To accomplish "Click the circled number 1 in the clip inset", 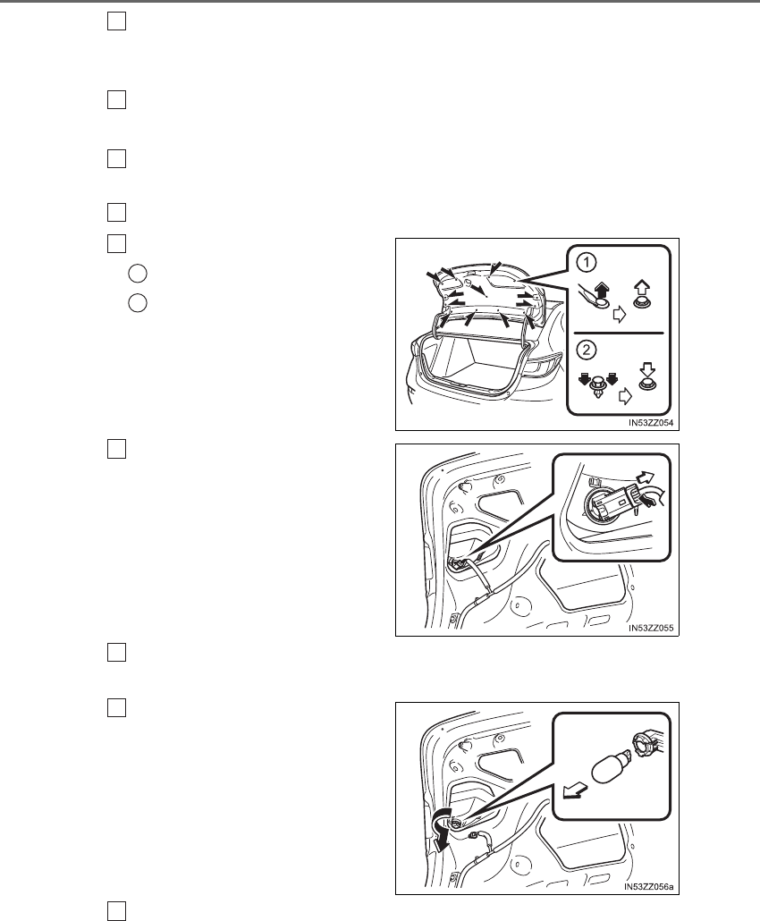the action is (587, 263).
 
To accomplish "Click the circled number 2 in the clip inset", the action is (587, 351).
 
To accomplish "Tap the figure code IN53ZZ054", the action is (651, 422).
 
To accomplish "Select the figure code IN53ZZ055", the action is (651, 628).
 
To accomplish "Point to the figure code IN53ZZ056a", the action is (649, 886).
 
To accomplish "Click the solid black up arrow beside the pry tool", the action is (603, 292).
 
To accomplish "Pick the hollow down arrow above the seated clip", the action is (647, 371).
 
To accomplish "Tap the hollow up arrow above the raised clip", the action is (641, 290).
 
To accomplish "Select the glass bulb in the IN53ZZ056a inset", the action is (611, 767).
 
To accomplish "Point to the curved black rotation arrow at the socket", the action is (443, 827).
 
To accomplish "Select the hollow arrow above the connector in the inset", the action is (647, 475).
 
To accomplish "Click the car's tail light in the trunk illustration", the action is (540, 365).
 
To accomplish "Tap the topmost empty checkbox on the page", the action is (117, 21).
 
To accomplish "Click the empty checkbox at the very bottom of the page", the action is (117, 911).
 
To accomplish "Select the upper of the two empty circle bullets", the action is (138, 273).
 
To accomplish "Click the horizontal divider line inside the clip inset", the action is (619, 333).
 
